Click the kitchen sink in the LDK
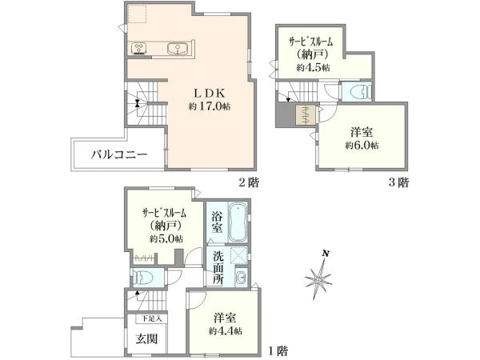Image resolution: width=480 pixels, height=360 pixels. [x=176, y=49]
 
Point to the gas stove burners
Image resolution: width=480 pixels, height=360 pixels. [x=138, y=48]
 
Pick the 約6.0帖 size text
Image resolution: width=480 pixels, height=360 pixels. [x=362, y=146]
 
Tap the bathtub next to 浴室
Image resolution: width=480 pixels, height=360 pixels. [x=238, y=223]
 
